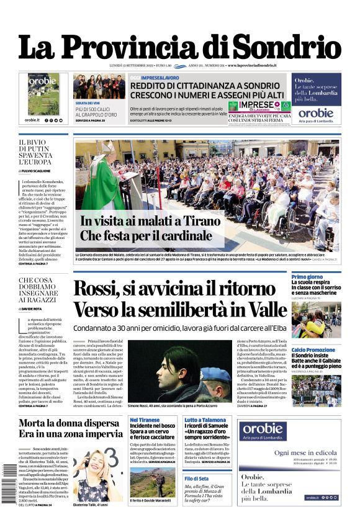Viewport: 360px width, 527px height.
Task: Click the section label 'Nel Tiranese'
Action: (145, 420)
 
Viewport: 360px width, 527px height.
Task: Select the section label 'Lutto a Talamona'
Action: (204, 420)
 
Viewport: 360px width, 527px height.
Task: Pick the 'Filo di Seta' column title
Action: (196, 478)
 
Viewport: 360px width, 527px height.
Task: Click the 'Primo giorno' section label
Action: (307, 277)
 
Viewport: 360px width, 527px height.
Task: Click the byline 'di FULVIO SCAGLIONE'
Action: (35, 171)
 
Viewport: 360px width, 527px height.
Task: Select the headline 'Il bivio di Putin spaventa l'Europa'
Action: (35, 153)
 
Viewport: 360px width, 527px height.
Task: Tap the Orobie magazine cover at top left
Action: (43, 94)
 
